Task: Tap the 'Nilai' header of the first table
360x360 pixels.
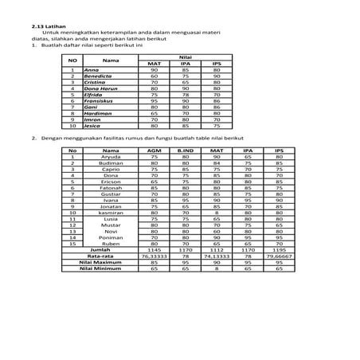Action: pos(186,57)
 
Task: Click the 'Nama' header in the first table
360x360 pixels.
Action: pos(111,60)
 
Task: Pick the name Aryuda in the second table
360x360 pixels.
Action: pos(111,157)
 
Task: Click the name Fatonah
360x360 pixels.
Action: pos(111,187)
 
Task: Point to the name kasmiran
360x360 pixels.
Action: pos(111,213)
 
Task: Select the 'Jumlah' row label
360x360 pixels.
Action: pos(101,250)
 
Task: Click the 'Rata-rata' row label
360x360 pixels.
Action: pos(101,256)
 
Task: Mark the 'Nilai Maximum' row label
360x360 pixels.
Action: pos(101,263)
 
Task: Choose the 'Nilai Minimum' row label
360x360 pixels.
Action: pos(101,269)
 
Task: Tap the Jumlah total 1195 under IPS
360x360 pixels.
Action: pos(278,250)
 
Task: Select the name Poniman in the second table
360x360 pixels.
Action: pos(111,237)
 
